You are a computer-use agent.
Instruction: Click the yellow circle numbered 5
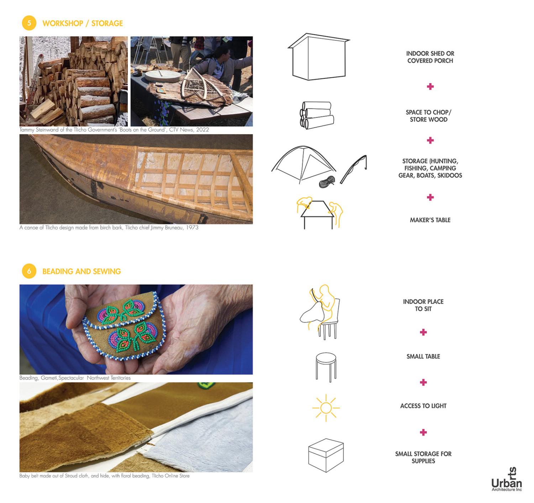tap(29, 23)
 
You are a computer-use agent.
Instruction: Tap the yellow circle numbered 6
tap(29, 271)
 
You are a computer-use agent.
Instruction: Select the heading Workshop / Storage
tap(82, 24)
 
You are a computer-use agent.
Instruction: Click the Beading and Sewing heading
tap(82, 272)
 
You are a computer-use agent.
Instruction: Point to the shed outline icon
tap(318, 57)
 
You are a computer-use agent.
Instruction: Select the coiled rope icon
tap(327, 182)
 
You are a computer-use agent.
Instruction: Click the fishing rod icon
tap(354, 169)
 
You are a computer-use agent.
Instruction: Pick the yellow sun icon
tap(326, 408)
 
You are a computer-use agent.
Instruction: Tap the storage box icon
tap(326, 455)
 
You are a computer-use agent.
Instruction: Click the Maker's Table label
tap(430, 220)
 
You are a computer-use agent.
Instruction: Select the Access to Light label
tap(423, 406)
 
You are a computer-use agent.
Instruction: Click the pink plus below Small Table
tap(423, 383)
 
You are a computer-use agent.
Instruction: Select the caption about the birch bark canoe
tap(109, 228)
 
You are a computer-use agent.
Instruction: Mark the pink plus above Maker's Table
tap(430, 197)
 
